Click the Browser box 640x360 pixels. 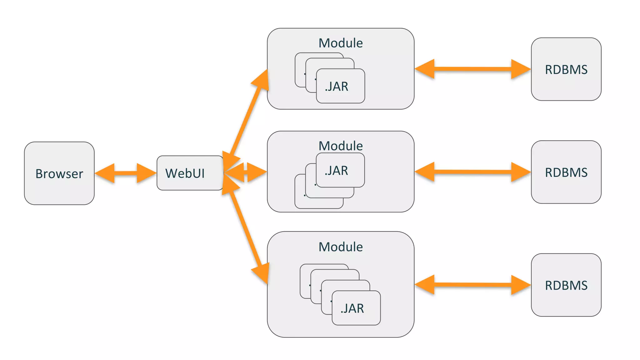click(x=59, y=173)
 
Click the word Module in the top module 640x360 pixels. click(x=341, y=43)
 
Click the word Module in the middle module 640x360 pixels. click(x=341, y=146)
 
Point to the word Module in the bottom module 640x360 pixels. click(x=341, y=247)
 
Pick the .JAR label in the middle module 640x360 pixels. click(x=337, y=171)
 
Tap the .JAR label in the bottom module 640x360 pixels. click(x=352, y=308)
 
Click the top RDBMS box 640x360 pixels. click(x=566, y=69)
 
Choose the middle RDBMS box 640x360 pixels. click(x=566, y=172)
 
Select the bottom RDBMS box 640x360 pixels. click(x=566, y=285)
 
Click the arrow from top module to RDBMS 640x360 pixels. click(x=472, y=69)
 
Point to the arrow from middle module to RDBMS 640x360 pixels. click(x=472, y=172)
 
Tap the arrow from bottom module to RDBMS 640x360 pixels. click(x=472, y=285)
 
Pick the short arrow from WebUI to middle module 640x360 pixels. click(x=246, y=172)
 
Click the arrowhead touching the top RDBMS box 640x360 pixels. click(x=520, y=69)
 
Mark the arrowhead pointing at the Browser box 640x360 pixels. click(x=105, y=173)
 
